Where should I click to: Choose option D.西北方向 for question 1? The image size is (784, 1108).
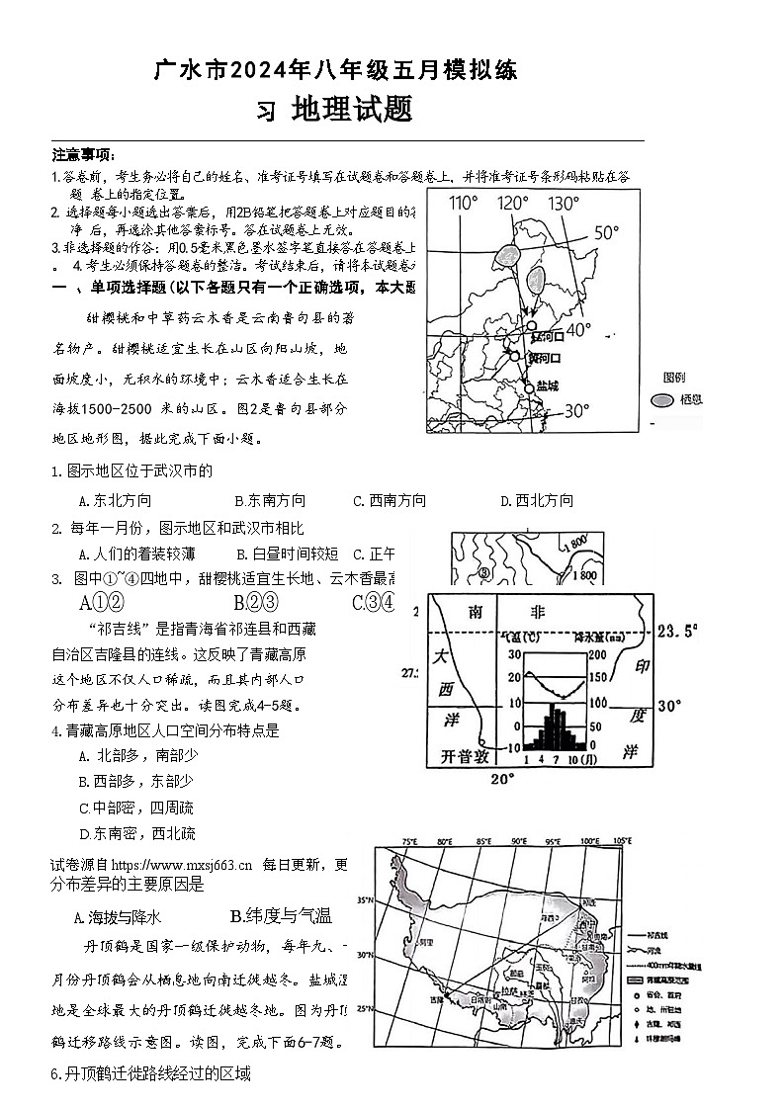(536, 501)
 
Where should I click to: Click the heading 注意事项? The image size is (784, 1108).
(83, 155)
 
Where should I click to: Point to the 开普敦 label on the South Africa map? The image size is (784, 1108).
(464, 757)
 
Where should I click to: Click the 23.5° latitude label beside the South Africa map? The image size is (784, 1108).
(677, 630)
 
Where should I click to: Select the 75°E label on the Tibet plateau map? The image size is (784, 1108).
(408, 842)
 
